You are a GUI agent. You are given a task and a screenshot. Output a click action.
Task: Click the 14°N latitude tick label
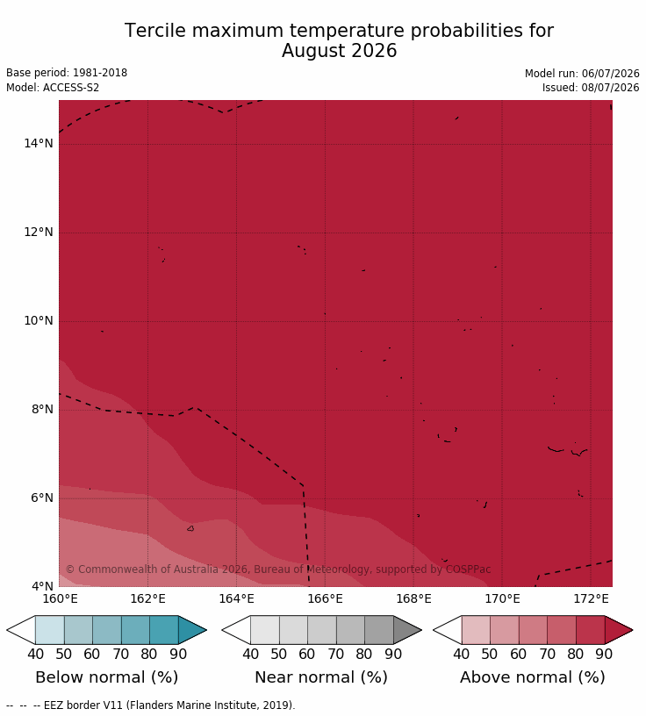39,143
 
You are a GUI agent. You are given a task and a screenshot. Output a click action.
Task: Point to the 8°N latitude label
42,409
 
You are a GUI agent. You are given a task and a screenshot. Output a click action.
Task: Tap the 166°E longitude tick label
325,598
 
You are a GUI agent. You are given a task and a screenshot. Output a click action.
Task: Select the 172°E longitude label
591,598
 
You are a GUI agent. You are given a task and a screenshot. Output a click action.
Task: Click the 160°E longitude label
60,598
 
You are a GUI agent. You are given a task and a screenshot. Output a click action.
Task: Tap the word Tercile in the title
155,31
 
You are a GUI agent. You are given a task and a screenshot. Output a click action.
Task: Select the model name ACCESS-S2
71,87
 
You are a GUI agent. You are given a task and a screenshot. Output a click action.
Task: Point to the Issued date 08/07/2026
610,87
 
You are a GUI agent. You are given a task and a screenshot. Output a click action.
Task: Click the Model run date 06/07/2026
610,74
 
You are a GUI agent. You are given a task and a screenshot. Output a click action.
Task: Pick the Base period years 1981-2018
100,73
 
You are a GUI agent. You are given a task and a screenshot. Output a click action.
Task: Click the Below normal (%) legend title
107,677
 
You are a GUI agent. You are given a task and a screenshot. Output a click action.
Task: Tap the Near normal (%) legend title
321,677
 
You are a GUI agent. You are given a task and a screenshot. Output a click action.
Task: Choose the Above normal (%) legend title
532,677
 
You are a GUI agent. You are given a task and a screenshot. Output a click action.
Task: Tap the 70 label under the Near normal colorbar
336,654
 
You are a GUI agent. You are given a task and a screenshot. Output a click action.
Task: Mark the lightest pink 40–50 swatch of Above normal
476,630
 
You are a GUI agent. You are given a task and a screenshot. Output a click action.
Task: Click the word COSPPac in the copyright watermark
469,569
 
